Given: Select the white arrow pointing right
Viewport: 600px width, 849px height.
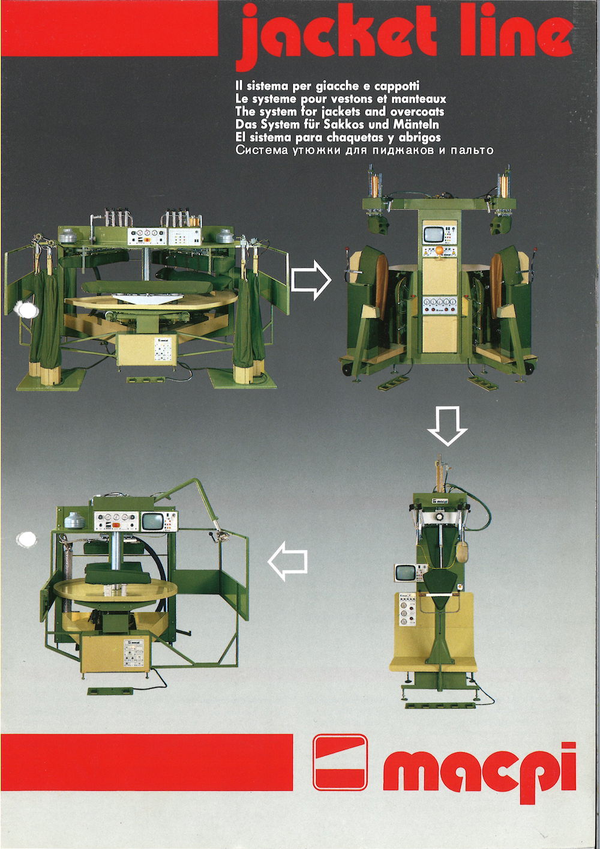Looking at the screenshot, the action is (x=311, y=280).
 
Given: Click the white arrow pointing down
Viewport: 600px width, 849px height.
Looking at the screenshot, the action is (x=447, y=426).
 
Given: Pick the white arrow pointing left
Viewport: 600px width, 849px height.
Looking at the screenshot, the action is (x=287, y=561).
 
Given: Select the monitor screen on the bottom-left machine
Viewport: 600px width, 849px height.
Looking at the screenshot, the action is (x=154, y=522).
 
